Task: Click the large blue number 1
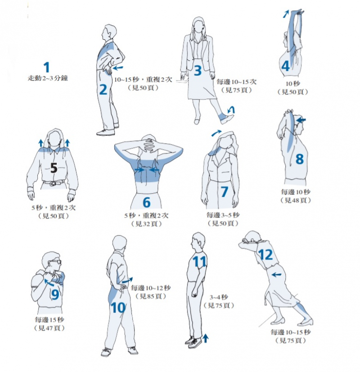pos(47,68)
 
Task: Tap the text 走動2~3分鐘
pos(48,78)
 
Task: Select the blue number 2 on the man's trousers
pos(103,90)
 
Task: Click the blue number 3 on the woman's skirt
pos(198,70)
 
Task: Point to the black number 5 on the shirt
pos(54,168)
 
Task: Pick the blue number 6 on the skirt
pos(146,202)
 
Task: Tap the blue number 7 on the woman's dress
pos(224,191)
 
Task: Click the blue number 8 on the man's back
pos(300,159)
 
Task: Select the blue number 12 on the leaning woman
pos(265,255)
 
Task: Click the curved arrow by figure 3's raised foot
pos(231,110)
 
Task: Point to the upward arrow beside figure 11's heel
pos(206,338)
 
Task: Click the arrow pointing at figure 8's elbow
pos(301,120)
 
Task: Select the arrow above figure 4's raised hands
pos(286,14)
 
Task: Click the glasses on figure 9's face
pos(55,262)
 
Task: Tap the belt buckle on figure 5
pos(54,183)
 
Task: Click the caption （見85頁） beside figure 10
pos(151,296)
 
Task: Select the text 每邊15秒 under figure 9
pos(49,320)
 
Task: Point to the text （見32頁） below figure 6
pos(146,224)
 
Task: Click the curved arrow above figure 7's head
pos(216,133)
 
